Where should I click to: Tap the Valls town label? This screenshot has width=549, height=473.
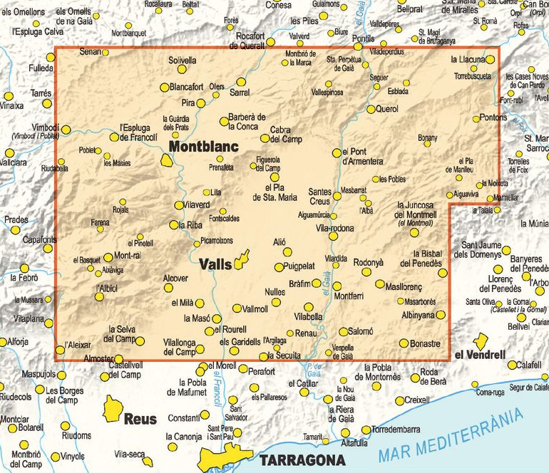[x=215, y=264]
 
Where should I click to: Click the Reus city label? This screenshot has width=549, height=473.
[x=140, y=419]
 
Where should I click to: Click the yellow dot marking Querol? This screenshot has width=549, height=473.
[x=371, y=109]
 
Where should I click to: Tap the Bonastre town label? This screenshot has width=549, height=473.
[x=426, y=343]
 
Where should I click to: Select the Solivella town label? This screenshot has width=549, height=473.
[x=182, y=61]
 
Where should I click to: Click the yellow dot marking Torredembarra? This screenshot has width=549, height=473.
[x=366, y=430]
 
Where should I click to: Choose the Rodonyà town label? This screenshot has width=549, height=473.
[x=368, y=261]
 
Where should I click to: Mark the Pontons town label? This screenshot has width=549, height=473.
[x=493, y=117]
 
